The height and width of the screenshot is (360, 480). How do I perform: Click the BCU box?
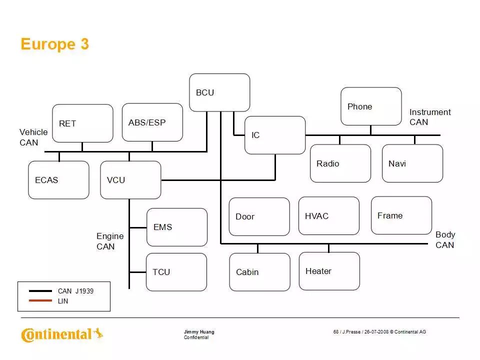pos(219,92)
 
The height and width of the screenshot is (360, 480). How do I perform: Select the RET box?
pos(82,123)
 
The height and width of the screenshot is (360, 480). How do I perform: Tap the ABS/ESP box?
pos(152,122)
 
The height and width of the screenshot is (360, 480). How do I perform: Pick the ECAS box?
pos(58,180)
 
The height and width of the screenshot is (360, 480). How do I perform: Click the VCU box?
pos(130,180)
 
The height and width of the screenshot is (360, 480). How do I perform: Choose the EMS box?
pos(176,227)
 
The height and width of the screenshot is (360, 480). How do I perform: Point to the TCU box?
pos(176,272)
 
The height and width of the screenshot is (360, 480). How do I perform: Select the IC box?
pos(274,135)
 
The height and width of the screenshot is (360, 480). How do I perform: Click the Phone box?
pos(371,106)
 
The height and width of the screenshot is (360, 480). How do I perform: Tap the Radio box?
pos(340,163)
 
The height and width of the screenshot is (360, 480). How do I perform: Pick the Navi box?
pos(412,163)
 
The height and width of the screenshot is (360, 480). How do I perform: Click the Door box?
pos(259,216)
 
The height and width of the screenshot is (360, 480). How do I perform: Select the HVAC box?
pos(328,215)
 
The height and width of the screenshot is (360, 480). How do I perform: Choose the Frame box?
pos(401,215)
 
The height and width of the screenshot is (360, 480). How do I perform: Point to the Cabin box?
pos(259,272)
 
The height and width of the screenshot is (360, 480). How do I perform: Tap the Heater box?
pos(329,271)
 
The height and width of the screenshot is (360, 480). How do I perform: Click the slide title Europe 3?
pos(54,44)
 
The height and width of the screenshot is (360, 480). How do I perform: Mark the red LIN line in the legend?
pos(40,301)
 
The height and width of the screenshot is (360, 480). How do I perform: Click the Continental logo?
pos(62,334)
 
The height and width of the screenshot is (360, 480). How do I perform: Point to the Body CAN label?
pos(444,239)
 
